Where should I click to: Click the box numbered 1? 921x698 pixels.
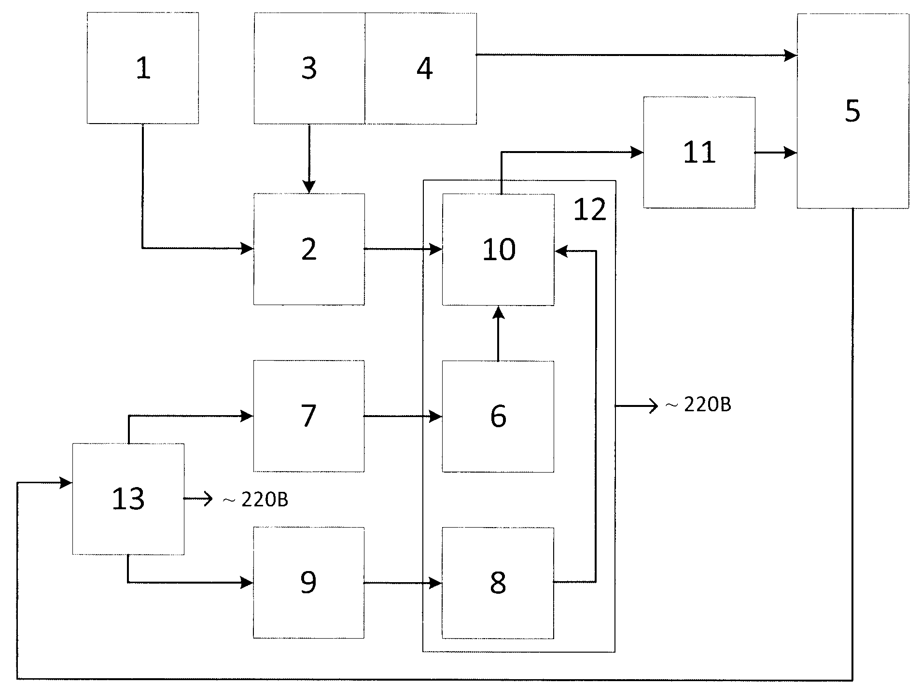point(143,68)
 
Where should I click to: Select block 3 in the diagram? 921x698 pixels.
point(309,68)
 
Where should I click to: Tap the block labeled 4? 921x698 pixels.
point(421,68)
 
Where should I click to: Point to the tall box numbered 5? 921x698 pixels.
point(852,111)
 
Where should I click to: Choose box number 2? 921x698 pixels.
point(309,249)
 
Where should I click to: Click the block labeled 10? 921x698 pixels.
point(498,250)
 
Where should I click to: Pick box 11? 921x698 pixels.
point(699,153)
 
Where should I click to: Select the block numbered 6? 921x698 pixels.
point(498,416)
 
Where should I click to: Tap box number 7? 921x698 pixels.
point(309,416)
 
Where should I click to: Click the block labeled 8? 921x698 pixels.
point(498,583)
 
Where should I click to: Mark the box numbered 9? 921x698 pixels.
point(309,583)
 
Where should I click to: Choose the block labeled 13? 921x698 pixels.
point(128,499)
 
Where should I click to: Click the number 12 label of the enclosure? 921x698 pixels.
point(589,210)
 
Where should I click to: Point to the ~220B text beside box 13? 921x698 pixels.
point(255,500)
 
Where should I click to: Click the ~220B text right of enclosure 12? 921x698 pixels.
point(698,405)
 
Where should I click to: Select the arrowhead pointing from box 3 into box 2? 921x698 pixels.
point(309,187)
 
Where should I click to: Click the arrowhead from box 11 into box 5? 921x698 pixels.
point(790,153)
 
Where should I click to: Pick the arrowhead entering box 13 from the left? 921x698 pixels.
point(66,482)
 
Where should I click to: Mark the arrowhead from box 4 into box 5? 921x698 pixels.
point(790,55)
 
